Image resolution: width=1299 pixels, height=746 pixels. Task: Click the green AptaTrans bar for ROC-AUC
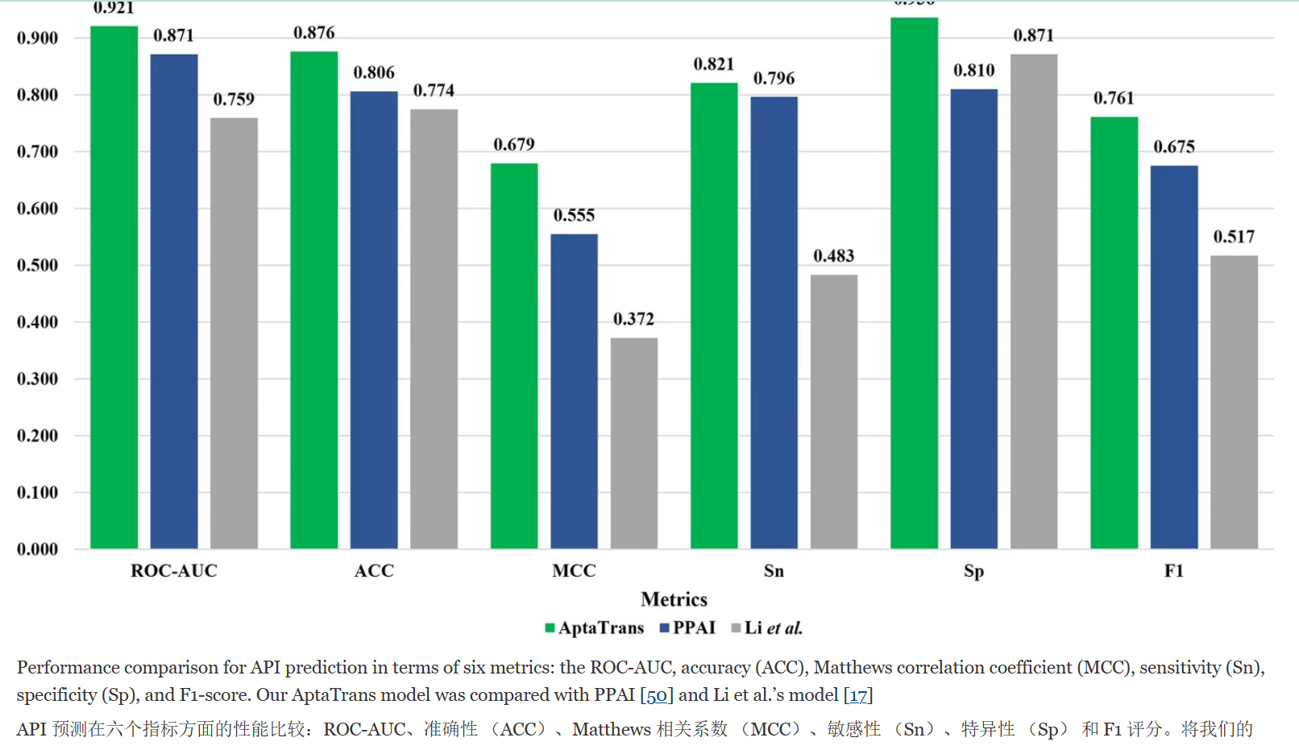coord(114,288)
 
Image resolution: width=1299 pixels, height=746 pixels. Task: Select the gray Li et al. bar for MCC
coord(634,443)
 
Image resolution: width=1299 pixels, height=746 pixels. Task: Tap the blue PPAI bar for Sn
coord(774,322)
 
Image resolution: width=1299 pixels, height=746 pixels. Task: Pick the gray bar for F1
coord(1234,402)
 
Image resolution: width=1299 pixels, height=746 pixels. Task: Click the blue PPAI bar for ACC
coord(374,320)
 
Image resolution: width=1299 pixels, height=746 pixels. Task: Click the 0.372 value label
coord(634,319)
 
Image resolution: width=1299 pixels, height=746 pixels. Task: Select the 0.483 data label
coord(833,256)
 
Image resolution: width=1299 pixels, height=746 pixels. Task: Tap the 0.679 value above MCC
coord(514,145)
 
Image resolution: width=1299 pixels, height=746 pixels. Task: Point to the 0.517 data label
coord(1234,237)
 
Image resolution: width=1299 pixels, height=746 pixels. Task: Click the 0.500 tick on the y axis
coord(37,266)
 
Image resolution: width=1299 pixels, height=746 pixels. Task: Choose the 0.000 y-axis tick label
coord(37,549)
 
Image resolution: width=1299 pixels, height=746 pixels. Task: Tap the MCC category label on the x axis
coord(574,571)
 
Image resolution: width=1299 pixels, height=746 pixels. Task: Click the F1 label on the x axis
coord(1173,571)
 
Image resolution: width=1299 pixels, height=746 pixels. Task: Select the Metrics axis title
coord(674,599)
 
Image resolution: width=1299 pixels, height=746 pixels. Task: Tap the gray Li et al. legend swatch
coord(736,628)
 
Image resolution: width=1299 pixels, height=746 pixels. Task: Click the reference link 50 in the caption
coord(657,695)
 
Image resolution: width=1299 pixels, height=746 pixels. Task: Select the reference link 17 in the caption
coord(858,695)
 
